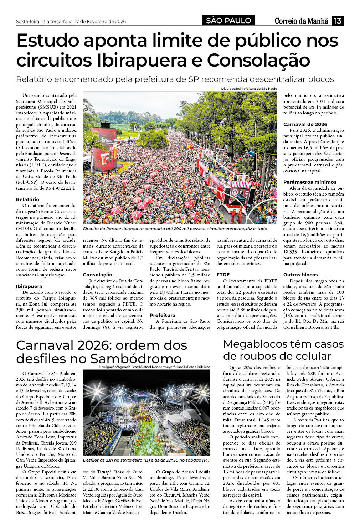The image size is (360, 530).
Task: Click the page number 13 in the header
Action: [338, 21]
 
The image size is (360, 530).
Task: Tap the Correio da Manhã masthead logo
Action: [301, 21]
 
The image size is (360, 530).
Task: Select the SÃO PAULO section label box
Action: [228, 21]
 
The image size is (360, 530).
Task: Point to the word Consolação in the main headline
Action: [258, 60]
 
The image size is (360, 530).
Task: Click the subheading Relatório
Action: [27, 199]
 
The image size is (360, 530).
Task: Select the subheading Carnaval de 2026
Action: [305, 124]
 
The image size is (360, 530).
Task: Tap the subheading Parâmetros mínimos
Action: [309, 182]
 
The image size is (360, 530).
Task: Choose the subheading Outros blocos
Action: [300, 275]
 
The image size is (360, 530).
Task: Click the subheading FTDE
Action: [223, 275]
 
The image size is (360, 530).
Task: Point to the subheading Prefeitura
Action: [162, 315]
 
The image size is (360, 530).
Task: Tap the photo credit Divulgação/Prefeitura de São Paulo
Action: [248, 89]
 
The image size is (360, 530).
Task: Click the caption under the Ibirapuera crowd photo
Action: [175, 229]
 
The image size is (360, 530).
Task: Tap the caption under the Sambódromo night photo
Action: [146, 460]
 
